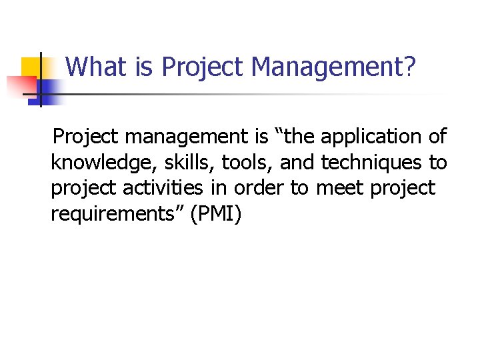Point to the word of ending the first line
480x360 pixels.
point(437,137)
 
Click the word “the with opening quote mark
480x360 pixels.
point(293,137)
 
